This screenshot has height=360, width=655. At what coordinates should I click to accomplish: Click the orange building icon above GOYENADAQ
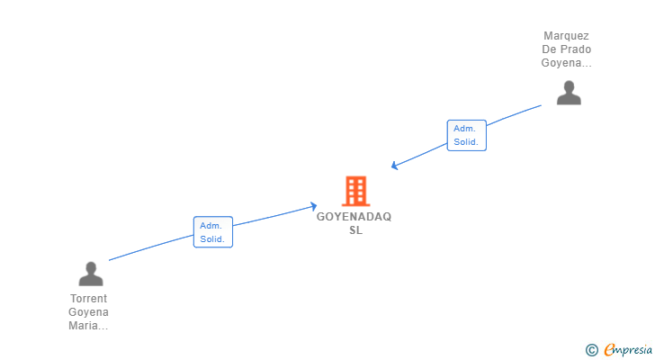tap(355, 191)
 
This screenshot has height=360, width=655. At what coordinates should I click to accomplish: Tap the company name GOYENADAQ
tap(354, 217)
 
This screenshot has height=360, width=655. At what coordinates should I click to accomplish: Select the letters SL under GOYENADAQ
tap(354, 230)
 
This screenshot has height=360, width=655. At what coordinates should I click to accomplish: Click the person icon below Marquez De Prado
tap(568, 93)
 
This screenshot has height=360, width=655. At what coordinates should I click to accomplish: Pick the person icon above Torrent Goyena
tap(90, 274)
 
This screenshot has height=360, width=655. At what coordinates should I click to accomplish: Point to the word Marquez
tap(567, 36)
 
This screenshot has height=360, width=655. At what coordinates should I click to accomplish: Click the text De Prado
tap(567, 49)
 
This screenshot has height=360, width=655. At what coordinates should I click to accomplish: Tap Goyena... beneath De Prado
tap(567, 63)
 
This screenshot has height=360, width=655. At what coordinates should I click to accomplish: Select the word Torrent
tap(88, 299)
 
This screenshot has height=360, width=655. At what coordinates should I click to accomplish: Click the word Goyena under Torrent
tap(88, 312)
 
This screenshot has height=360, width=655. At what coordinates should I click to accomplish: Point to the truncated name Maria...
tap(88, 326)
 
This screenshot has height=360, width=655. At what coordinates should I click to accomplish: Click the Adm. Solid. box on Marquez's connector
tap(466, 135)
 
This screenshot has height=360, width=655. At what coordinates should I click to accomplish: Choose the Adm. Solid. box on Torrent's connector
tap(212, 231)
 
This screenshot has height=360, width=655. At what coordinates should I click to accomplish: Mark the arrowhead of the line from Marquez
tap(394, 166)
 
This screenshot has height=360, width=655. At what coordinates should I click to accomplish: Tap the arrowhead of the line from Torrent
tap(313, 206)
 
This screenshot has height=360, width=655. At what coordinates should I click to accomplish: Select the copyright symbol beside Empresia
tap(591, 349)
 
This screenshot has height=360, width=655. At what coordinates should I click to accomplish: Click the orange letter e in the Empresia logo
tap(609, 349)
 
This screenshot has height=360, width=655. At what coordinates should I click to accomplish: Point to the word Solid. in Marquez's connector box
tap(466, 142)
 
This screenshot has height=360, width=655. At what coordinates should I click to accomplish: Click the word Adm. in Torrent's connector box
tap(211, 225)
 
